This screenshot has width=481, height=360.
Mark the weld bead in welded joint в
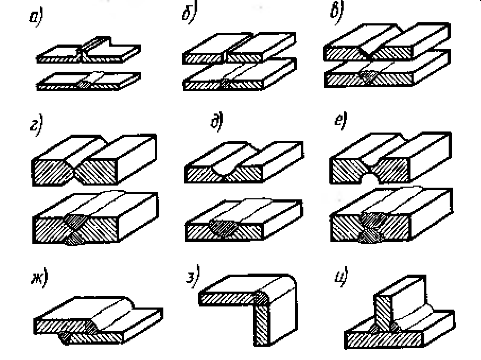[367, 75]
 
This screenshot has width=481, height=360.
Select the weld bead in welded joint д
[223, 227]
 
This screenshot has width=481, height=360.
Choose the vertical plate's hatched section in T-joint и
[383, 310]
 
